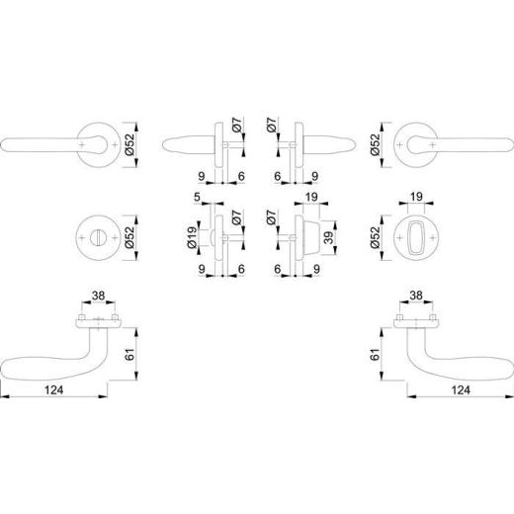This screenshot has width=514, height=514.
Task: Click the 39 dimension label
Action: (328, 237)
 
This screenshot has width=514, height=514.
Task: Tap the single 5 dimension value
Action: (197, 197)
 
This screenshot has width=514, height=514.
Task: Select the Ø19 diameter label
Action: (192, 237)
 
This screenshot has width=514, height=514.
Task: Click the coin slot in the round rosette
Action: (99, 237)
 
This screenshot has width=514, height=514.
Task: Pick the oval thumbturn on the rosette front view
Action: (416, 237)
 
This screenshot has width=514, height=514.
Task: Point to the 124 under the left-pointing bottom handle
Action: (53, 390)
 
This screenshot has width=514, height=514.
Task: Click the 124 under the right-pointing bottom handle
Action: (461, 390)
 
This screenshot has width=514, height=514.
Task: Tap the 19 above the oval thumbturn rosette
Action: (416, 197)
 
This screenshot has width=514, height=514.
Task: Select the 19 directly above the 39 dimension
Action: (311, 197)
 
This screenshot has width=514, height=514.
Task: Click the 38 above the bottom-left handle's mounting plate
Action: (99, 296)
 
